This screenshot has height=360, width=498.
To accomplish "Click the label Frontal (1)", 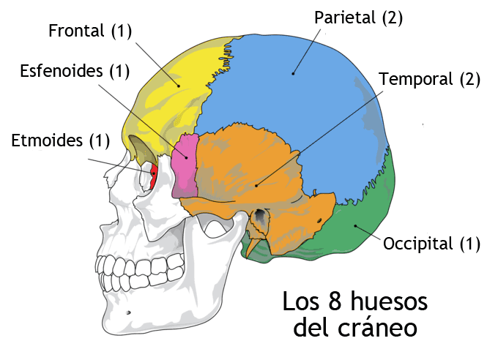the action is (x=90, y=31).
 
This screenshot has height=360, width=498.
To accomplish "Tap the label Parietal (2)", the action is (x=359, y=18).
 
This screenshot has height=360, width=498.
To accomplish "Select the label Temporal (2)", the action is (x=430, y=79).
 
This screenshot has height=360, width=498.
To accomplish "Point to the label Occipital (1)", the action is (x=431, y=244).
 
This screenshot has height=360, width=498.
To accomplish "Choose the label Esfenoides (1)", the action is (x=75, y=71).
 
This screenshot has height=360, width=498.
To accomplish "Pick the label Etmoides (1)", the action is (x=61, y=140).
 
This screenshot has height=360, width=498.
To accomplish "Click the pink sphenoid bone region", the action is (x=185, y=165).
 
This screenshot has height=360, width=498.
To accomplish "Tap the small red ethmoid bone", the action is (x=153, y=176).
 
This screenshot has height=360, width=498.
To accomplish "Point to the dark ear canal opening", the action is (x=261, y=215).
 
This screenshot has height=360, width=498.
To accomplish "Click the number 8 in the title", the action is (x=335, y=301).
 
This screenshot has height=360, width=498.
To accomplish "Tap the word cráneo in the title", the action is (x=377, y=328).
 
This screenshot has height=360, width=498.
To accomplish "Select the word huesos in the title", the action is (x=389, y=301).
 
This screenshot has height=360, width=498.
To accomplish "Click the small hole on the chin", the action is (x=128, y=312).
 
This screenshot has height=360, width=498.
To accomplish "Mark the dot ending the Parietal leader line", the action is (x=293, y=74).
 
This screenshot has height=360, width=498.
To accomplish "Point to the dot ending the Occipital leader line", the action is (x=355, y=226).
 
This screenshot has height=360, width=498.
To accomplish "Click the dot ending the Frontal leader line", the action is (x=179, y=86).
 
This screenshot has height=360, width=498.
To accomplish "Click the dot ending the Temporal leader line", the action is (x=256, y=186).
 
